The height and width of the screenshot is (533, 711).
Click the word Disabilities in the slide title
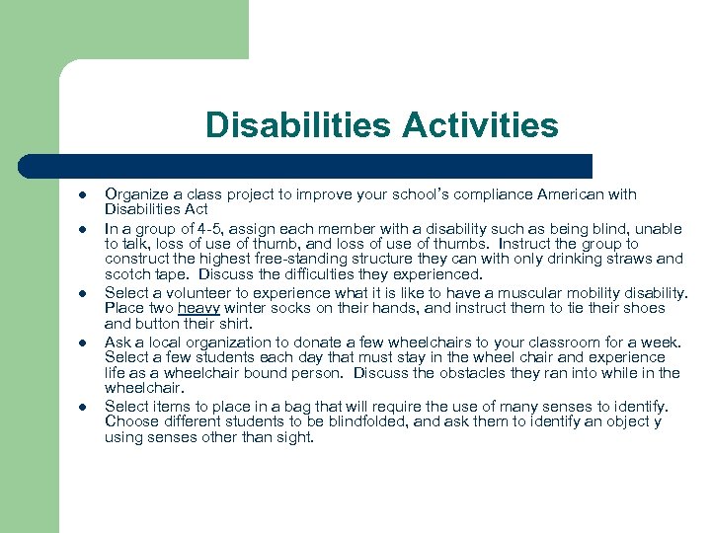[284, 125]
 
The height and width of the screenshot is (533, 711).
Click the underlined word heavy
[198, 308]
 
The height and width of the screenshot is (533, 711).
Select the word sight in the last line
[293, 436]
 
